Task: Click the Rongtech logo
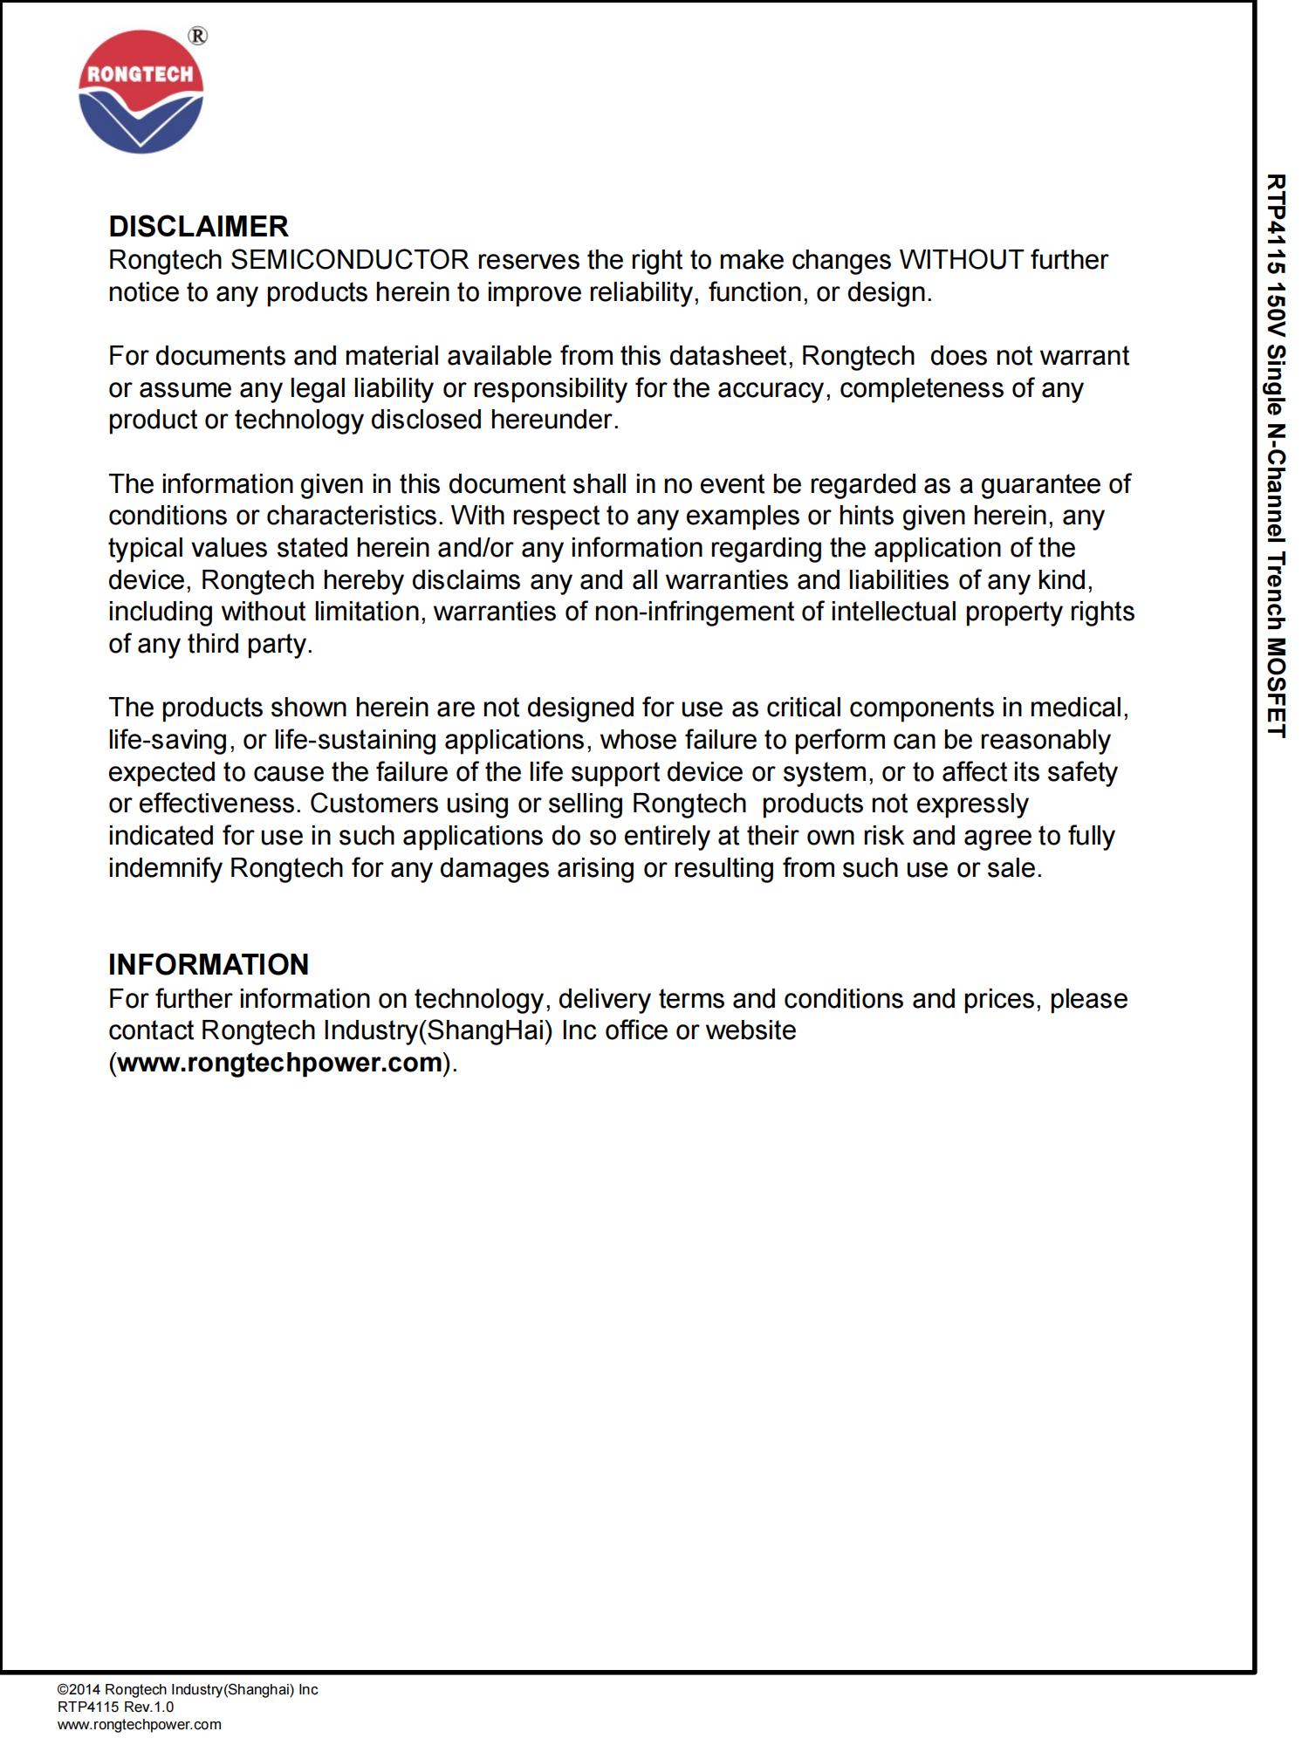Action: click(141, 92)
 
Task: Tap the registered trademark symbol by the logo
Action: click(198, 36)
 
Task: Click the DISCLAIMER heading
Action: click(198, 227)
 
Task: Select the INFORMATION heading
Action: click(209, 965)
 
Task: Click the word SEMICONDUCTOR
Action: click(350, 260)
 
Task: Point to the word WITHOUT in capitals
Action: click(961, 260)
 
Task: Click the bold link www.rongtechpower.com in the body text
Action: click(279, 1063)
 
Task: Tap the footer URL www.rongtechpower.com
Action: click(140, 1725)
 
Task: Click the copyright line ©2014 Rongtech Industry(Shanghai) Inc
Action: click(188, 1690)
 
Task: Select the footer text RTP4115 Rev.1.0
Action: click(115, 1707)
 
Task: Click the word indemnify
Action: click(165, 869)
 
